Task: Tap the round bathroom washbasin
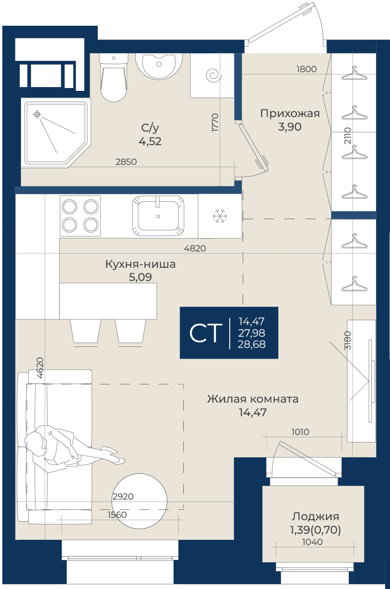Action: tap(159, 66)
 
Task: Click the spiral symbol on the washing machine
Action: tap(214, 75)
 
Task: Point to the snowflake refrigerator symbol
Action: tap(220, 216)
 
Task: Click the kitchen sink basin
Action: tap(158, 216)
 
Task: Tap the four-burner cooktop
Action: tap(80, 216)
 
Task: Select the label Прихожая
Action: tap(290, 114)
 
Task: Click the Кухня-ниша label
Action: tap(140, 264)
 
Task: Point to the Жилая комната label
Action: tap(253, 399)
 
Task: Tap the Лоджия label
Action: tap(316, 517)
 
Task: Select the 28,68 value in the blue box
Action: tap(252, 344)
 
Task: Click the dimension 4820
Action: tap(195, 248)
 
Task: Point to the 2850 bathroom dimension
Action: tap(126, 162)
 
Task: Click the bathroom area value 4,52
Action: tap(150, 141)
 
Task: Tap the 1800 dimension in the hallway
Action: tap(306, 69)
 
